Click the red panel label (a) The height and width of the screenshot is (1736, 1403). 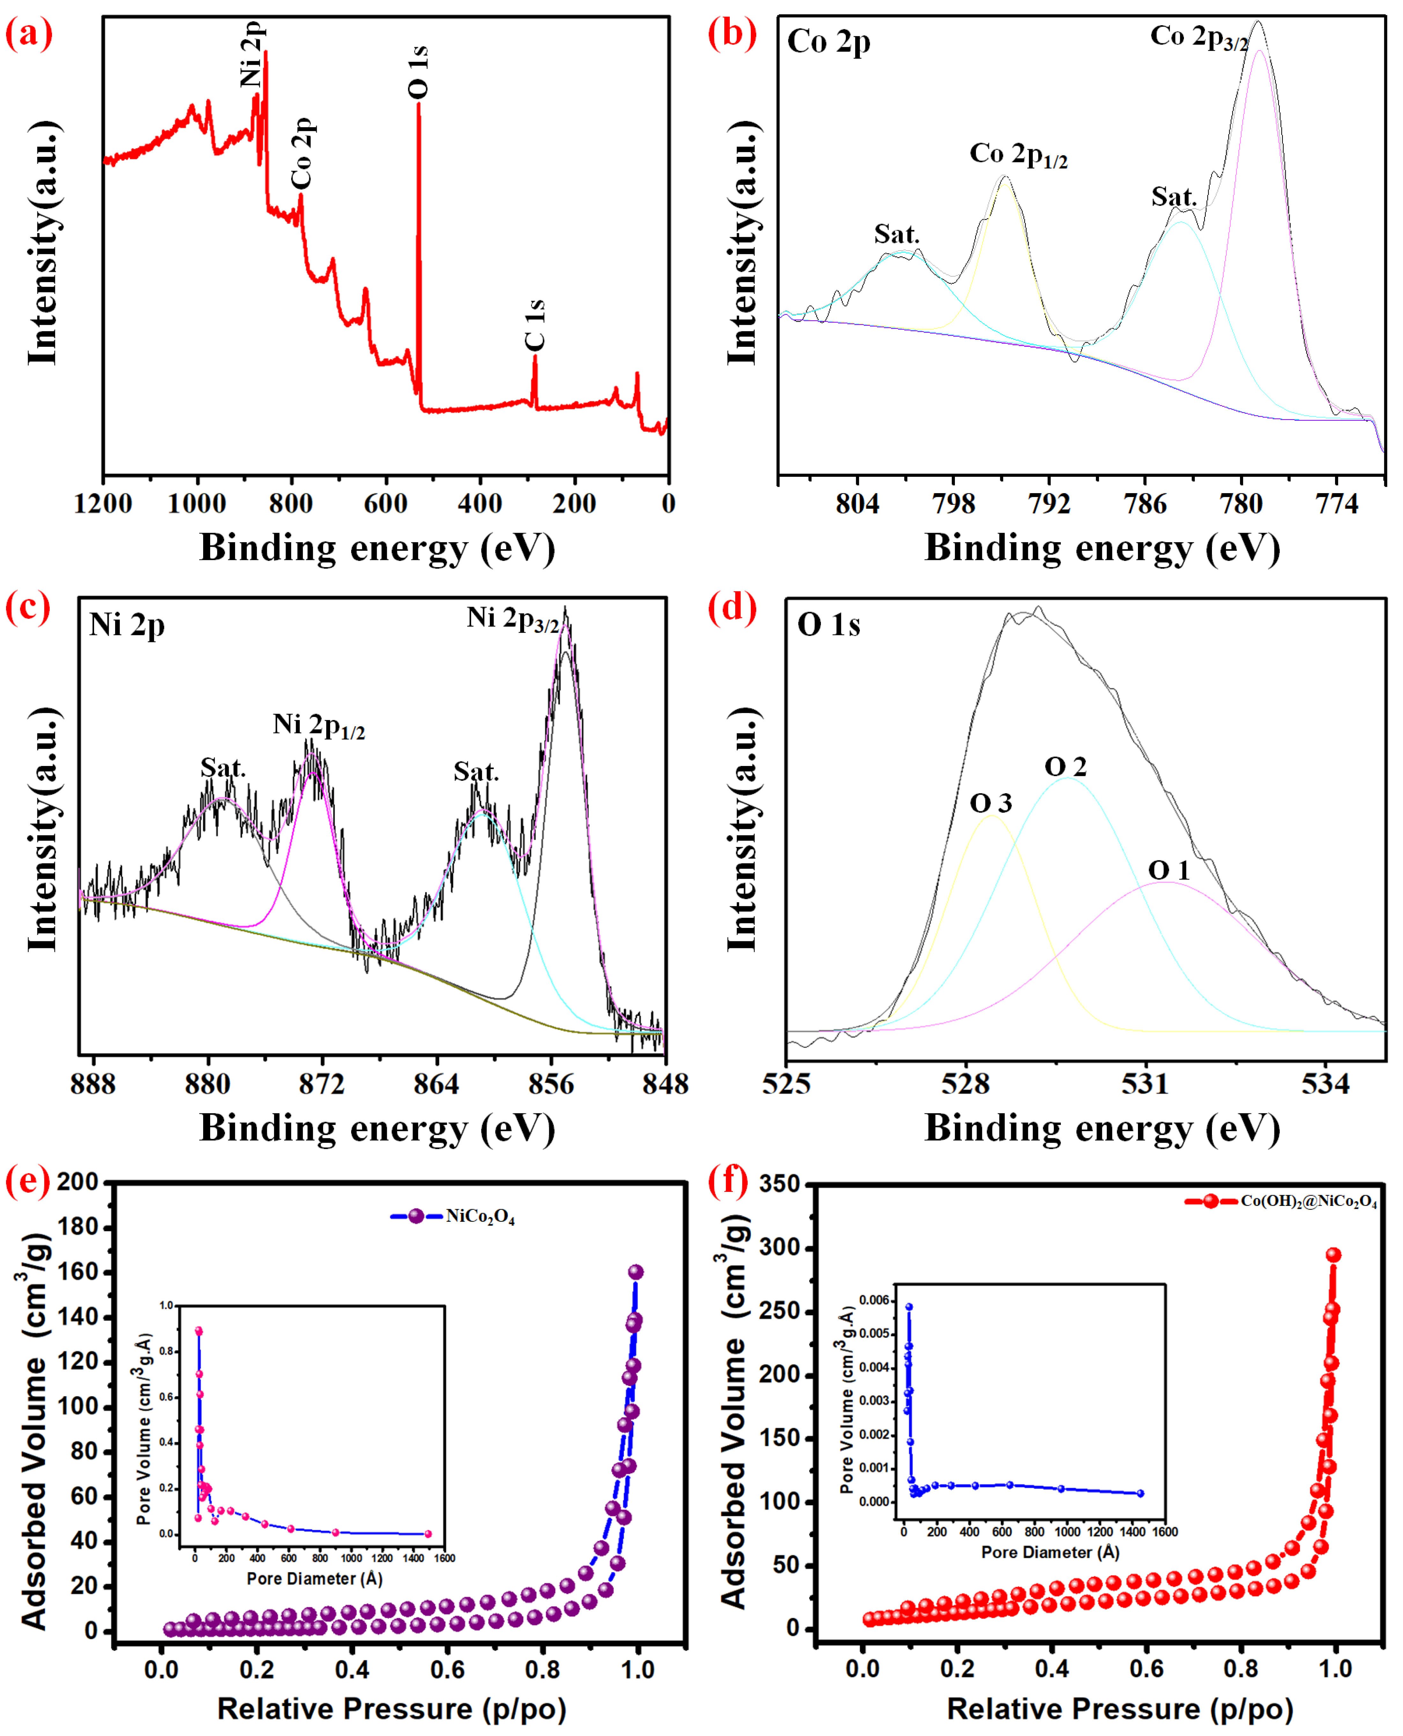click(x=29, y=34)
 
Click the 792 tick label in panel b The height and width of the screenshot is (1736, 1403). click(x=1049, y=504)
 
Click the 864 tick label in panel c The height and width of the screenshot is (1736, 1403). click(x=436, y=1083)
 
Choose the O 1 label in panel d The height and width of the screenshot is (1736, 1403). click(x=1169, y=870)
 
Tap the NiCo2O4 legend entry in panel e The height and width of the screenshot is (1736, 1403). click(x=480, y=1217)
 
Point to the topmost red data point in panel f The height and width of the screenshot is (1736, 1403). click(x=1333, y=1255)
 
